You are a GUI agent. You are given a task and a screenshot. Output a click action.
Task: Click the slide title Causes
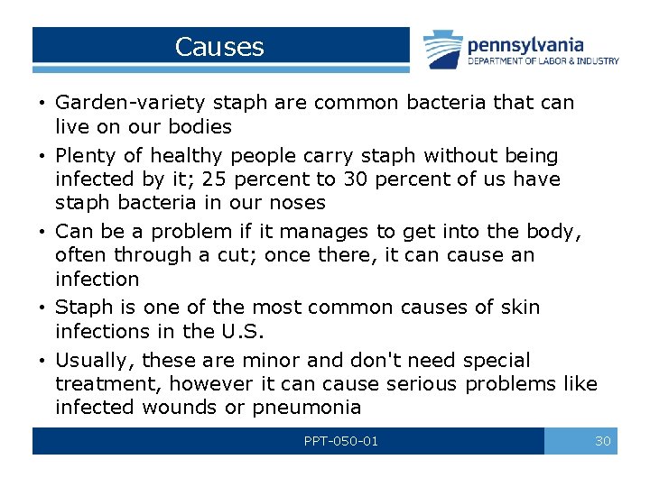219,47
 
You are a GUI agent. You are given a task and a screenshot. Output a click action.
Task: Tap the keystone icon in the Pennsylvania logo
442,49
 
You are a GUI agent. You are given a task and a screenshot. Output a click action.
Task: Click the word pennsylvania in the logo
525,44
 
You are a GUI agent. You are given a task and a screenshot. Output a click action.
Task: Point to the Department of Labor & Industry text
543,61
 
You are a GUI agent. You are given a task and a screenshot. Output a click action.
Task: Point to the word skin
520,308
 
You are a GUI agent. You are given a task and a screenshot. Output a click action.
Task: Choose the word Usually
93,361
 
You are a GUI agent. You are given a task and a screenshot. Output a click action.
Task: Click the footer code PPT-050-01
341,441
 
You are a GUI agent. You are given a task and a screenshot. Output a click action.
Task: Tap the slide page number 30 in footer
602,441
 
